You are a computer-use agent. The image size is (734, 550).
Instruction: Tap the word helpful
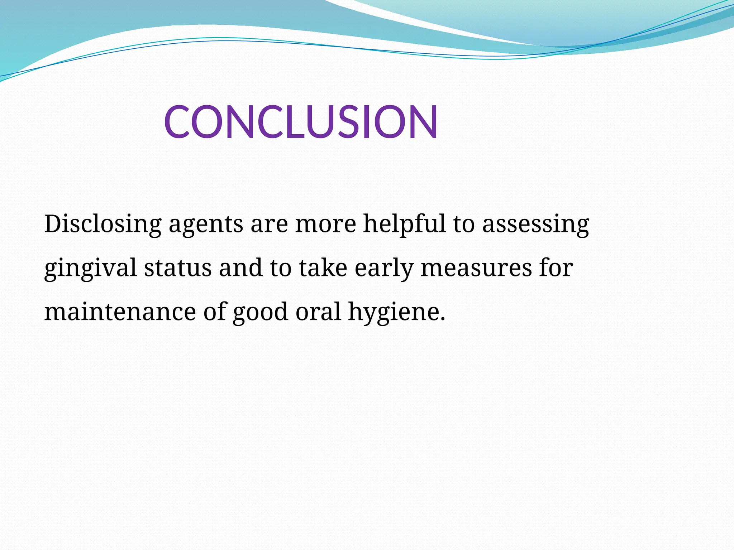point(404,224)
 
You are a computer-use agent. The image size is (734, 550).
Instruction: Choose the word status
point(178,268)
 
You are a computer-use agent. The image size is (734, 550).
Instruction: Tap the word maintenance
point(120,312)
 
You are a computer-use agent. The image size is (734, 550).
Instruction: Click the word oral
point(318,312)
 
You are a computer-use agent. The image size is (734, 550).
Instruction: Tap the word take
point(323,268)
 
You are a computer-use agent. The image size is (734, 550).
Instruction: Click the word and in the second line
point(240,268)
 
